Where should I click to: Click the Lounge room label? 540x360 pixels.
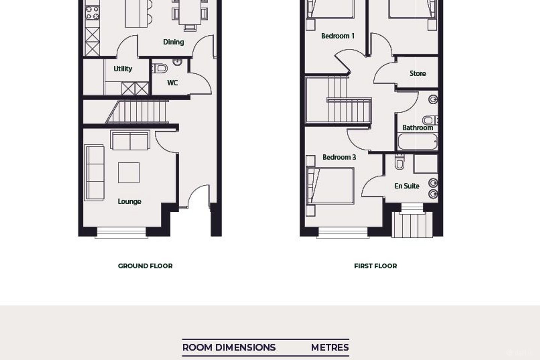(129, 202)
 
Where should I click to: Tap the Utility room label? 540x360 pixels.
(123, 69)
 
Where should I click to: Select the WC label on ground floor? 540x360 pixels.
(172, 83)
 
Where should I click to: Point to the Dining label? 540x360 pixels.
(174, 42)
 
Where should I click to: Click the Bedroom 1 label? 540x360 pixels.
(338, 36)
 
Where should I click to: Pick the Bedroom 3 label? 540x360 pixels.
(339, 157)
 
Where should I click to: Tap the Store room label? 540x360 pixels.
(418, 73)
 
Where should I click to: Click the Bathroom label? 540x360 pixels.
(417, 127)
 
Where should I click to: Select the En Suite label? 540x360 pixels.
(406, 186)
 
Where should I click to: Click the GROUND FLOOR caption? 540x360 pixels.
(145, 266)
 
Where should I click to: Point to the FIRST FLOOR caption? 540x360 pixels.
(375, 266)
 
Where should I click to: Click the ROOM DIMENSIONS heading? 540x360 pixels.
(229, 348)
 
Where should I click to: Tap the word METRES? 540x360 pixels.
(330, 348)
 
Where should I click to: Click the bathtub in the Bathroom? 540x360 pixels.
(417, 142)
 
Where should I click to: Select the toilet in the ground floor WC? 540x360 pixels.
(160, 69)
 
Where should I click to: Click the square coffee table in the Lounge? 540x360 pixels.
(129, 172)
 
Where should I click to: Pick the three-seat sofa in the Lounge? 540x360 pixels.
(94, 172)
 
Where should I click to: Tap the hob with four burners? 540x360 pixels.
(92, 13)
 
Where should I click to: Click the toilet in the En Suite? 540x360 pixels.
(399, 162)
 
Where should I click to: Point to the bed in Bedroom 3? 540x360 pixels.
(330, 186)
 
